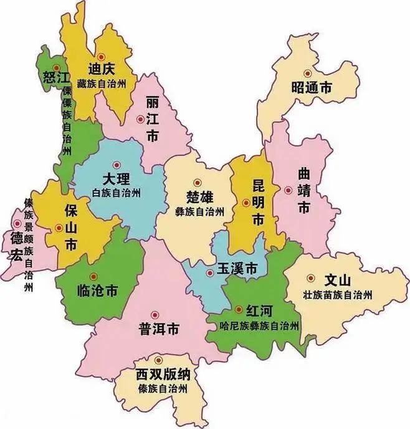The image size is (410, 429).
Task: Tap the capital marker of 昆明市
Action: coord(246,202)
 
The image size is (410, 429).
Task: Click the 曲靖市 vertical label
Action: coord(304,190)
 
